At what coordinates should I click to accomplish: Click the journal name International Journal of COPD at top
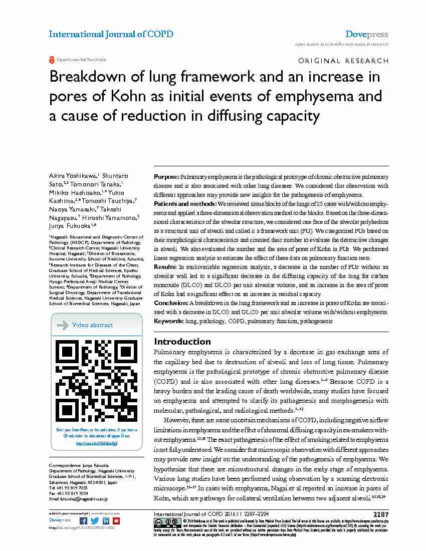(111, 35)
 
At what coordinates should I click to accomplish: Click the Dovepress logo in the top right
(366, 35)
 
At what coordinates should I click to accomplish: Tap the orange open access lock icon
(52, 60)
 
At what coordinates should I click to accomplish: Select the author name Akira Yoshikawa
(73, 176)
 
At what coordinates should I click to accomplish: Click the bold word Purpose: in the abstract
(166, 177)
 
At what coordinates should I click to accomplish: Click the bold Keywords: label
(169, 321)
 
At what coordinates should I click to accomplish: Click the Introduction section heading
(182, 342)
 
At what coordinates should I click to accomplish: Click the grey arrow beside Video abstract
(63, 325)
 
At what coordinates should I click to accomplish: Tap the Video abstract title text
(93, 325)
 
